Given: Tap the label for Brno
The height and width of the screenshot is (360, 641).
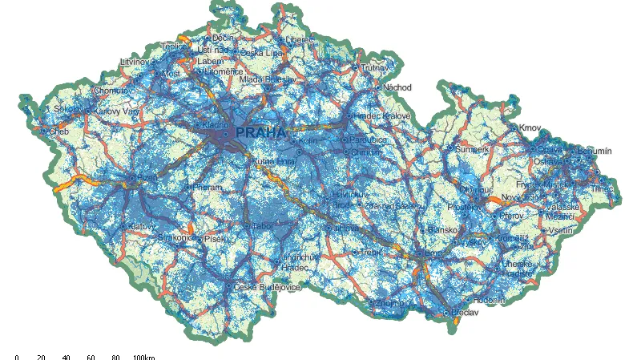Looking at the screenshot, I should coord(434,253).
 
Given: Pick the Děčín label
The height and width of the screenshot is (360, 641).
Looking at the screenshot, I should coord(223,38).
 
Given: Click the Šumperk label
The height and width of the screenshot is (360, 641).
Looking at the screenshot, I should coord(472,149).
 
